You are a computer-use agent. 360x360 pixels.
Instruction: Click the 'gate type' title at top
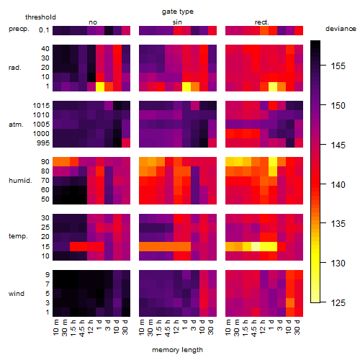coord(178,12)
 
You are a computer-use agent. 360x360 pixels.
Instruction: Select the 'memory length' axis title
coord(177,350)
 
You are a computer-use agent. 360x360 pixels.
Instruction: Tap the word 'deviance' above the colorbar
coord(341,29)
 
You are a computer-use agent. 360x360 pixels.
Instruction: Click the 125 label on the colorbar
coord(338,303)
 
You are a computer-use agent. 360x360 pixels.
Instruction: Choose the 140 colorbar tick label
coord(338,185)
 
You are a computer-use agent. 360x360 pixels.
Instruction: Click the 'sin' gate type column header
coord(177,22)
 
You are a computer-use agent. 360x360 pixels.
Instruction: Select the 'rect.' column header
coord(262,22)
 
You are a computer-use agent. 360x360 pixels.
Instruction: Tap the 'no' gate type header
coord(93,22)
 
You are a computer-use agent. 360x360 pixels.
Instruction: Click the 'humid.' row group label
coord(20,181)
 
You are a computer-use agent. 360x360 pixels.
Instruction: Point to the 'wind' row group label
coord(17,294)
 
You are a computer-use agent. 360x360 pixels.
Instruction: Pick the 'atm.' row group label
coord(16,125)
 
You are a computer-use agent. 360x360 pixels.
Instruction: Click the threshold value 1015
coord(41,106)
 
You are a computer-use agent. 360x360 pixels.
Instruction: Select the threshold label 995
coord(43,143)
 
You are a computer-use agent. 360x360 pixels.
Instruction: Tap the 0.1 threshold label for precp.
coord(44,30)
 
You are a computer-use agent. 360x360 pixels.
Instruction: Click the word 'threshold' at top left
coord(40,17)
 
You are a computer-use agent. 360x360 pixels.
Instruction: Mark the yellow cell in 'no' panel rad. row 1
coord(100,86)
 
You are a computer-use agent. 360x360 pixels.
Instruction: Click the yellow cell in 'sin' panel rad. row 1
coord(186,86)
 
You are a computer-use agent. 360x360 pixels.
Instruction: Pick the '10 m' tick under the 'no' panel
coord(56,327)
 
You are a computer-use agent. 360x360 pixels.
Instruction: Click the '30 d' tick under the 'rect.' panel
coord(297,327)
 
